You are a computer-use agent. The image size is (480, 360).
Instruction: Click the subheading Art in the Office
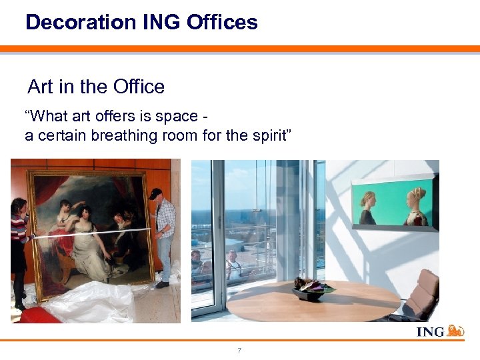pyautogui.click(x=96, y=87)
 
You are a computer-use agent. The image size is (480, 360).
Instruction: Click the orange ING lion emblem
pyautogui.click(x=455, y=331)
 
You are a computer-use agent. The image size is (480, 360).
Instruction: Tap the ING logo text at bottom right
pyautogui.click(x=430, y=332)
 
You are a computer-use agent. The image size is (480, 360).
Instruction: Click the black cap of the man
pyautogui.click(x=155, y=193)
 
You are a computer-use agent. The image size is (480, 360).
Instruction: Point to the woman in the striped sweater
pyautogui.click(x=18, y=240)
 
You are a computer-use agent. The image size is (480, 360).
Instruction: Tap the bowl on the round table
pyautogui.click(x=311, y=291)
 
